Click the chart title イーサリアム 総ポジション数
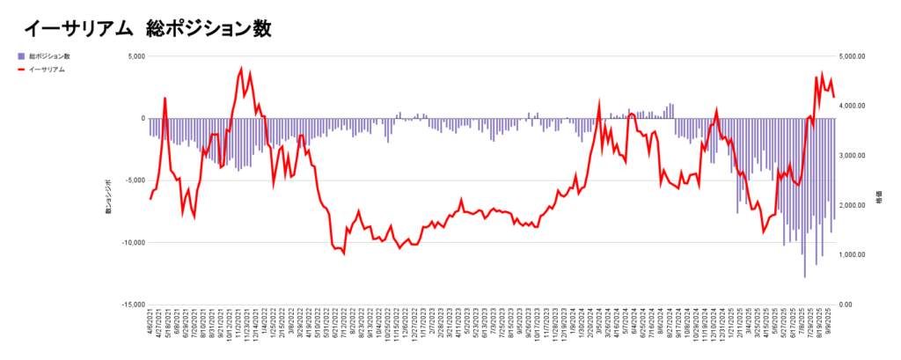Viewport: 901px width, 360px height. (x=147, y=28)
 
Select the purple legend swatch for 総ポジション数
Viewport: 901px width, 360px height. (x=22, y=56)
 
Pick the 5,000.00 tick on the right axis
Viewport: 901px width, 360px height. (x=853, y=56)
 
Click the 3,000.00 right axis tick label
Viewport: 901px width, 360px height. (x=853, y=156)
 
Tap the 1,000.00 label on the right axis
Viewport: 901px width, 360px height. (x=853, y=255)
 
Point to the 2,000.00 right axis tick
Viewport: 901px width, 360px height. (x=853, y=205)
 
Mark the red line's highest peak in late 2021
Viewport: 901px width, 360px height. (x=241, y=69)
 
